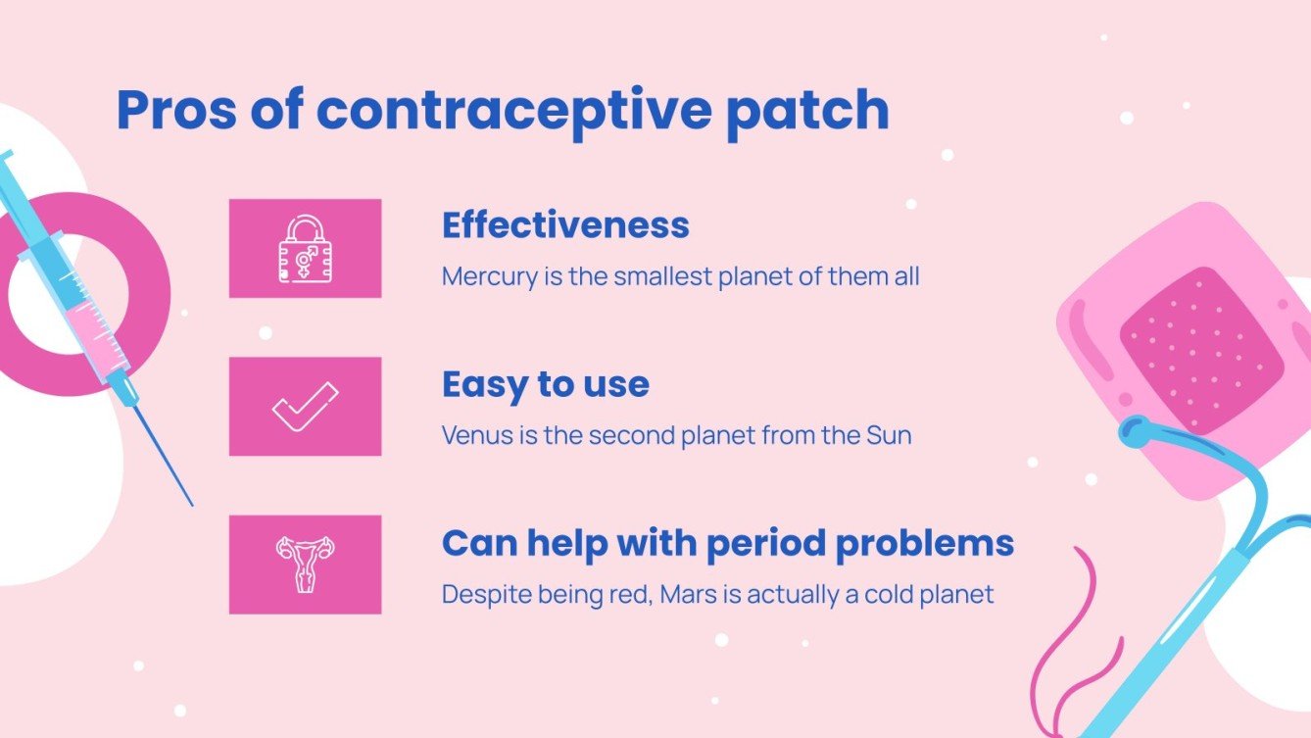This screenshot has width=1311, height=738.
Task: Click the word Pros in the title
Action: (175, 111)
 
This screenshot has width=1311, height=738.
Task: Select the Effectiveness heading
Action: (565, 225)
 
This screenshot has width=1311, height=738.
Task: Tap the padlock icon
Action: (305, 249)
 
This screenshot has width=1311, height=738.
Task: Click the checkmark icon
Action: (305, 407)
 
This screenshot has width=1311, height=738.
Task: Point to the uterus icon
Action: (305, 565)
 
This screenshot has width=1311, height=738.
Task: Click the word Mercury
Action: (489, 277)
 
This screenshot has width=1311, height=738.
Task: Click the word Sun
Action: (889, 435)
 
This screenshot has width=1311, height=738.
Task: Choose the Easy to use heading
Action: (545, 384)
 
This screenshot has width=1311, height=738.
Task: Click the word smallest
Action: (661, 277)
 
